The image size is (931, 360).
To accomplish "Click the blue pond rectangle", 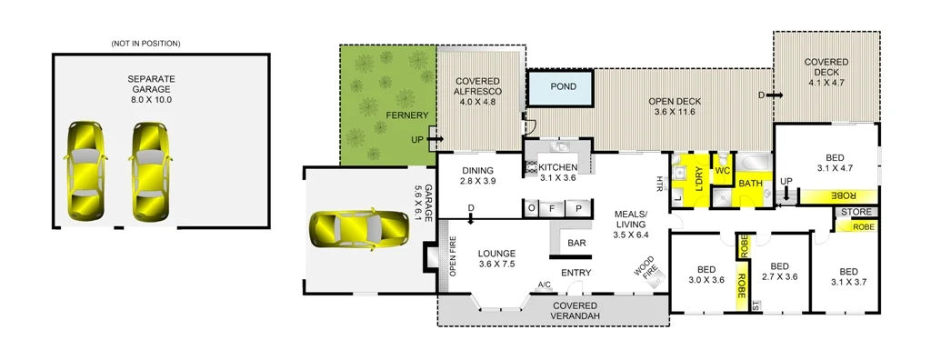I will coord(561,89).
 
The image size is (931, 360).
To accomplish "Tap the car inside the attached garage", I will coord(358,230).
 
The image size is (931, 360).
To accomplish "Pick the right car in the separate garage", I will coord(150,169).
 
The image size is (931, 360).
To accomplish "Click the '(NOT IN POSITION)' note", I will coord(145,44).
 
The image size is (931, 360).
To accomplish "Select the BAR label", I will coord(576,244).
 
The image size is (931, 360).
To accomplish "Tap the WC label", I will coord(723,170).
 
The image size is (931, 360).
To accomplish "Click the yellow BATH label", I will coord(750,184).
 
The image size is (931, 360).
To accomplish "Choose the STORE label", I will coord(856,214).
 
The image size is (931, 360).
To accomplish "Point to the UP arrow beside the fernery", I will coord(435,139).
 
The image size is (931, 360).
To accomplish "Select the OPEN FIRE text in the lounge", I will coord(452,258).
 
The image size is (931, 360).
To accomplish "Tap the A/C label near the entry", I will coord(544,285).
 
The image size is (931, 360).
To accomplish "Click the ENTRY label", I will coord(576,273).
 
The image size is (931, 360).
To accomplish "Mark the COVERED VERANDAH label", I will coord(576,311).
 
